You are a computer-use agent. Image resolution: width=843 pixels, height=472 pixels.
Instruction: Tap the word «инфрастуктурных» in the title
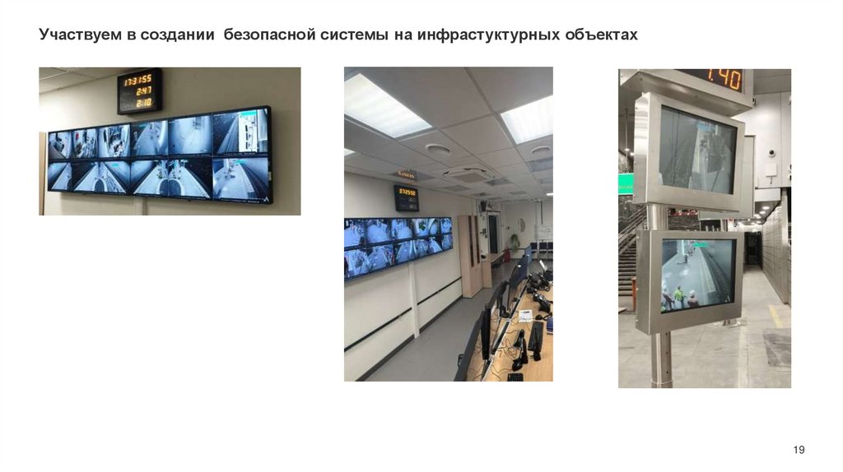tap(487, 35)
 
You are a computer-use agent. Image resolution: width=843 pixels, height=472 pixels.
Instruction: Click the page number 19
tap(799, 449)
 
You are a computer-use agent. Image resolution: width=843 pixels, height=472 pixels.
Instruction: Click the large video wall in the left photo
tap(158, 155)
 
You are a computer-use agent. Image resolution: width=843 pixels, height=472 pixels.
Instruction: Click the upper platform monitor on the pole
tap(696, 150)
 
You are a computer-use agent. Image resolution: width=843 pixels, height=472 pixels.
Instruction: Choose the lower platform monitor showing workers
tap(696, 275)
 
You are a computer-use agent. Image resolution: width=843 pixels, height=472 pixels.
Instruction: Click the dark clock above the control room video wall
tap(407, 198)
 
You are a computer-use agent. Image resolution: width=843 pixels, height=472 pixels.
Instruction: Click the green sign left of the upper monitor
tap(626, 183)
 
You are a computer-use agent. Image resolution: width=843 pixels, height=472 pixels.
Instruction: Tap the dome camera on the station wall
tap(771, 153)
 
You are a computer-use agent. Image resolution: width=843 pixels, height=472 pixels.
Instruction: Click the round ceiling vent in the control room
tap(438, 150)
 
